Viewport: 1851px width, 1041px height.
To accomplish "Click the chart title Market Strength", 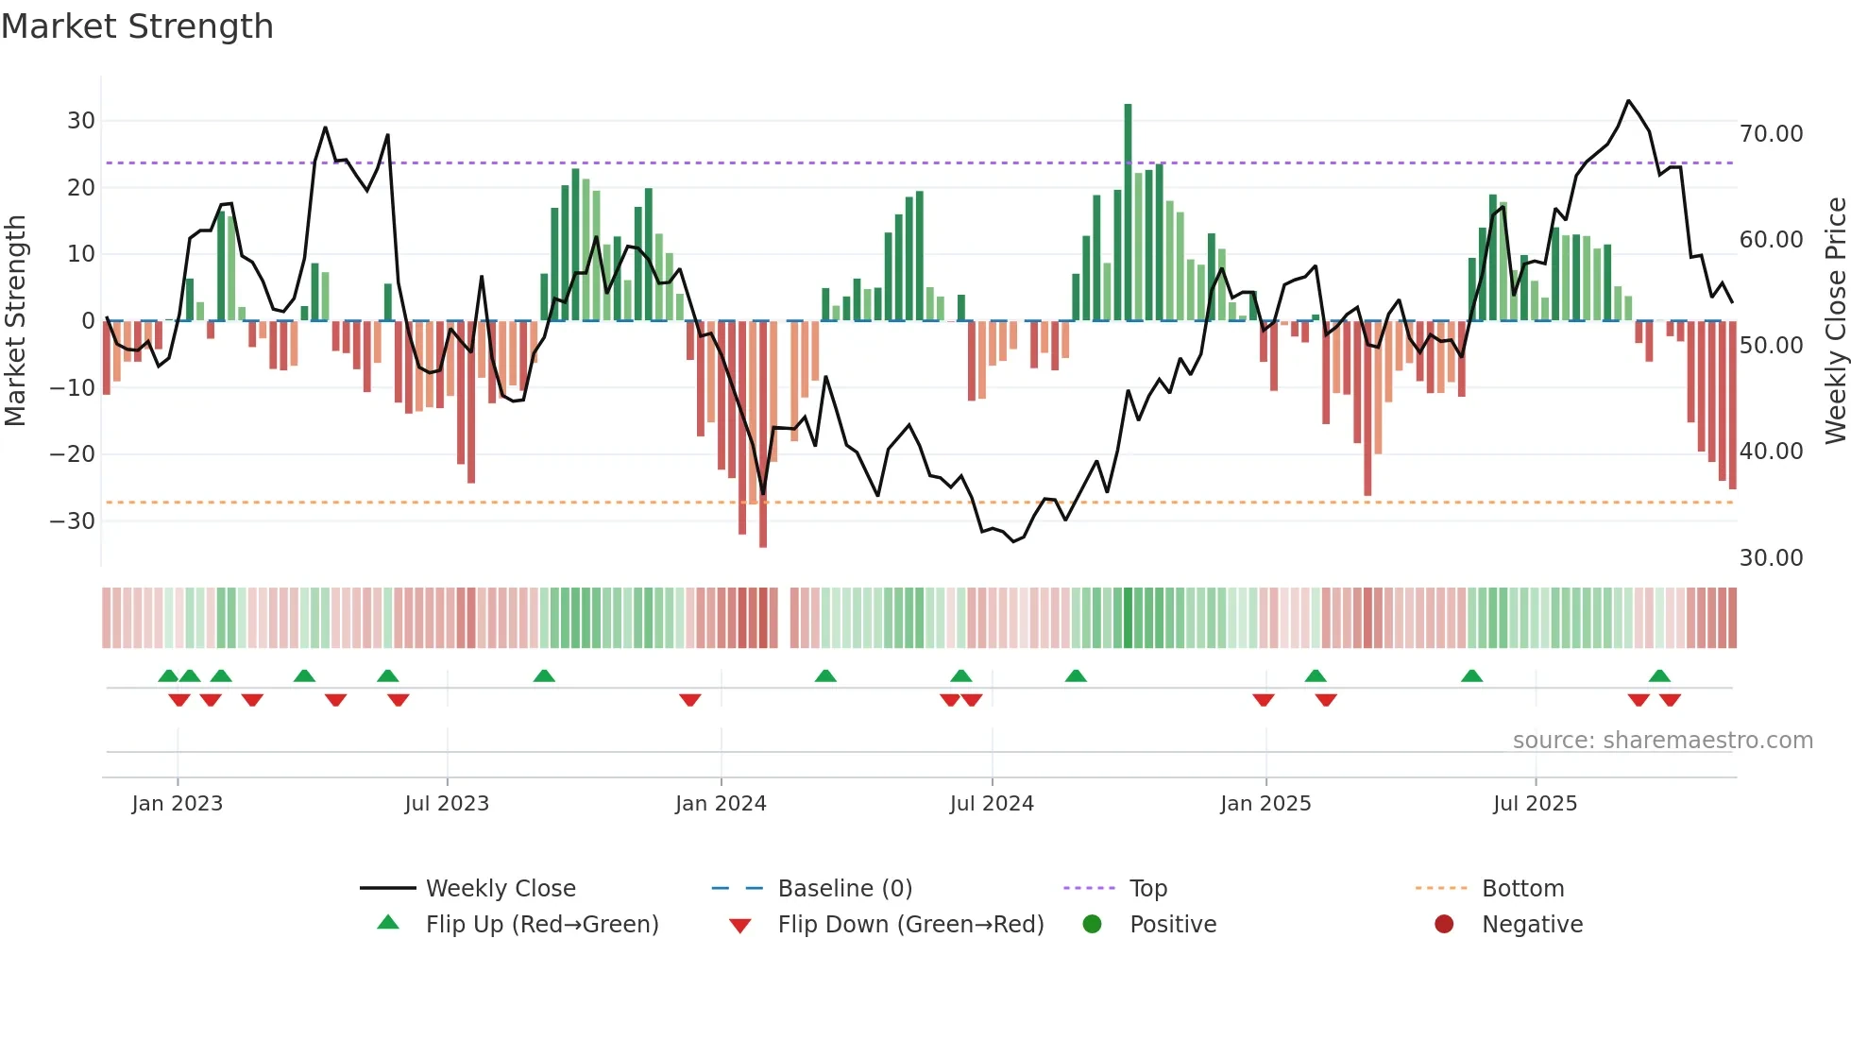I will tap(137, 26).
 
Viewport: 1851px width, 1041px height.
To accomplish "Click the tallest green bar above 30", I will tap(1128, 208).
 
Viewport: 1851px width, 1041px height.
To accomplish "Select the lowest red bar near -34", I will tap(763, 435).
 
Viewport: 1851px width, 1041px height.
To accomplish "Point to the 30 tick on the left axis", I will tap(81, 121).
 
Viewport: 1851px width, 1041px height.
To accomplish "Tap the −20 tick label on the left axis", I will tap(73, 454).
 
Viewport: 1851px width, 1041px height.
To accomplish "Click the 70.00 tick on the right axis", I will tap(1771, 134).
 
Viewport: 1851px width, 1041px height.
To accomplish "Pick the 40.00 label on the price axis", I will tap(1771, 452).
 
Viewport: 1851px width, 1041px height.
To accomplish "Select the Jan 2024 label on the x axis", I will tap(721, 804).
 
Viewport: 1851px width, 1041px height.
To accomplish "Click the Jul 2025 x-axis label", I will tap(1535, 804).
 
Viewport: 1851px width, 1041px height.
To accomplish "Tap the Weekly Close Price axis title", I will tap(1835, 320).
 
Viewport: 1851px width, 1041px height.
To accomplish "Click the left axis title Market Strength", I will tap(15, 320).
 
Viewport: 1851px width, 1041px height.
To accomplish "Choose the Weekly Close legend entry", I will tap(500, 889).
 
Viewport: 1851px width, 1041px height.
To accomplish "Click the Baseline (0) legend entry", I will tap(844, 889).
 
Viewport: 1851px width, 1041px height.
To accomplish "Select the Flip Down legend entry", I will tap(910, 925).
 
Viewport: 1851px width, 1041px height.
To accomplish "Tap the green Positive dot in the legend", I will tap(1092, 925).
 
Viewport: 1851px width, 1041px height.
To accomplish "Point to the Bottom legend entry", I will tap(1522, 889).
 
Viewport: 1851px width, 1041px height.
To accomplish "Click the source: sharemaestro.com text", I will tap(1662, 741).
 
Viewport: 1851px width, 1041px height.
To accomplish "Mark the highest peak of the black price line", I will tap(1628, 101).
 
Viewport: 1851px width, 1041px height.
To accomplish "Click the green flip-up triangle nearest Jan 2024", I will tap(825, 675).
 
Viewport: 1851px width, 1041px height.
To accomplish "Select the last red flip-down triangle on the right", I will tap(1670, 700).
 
